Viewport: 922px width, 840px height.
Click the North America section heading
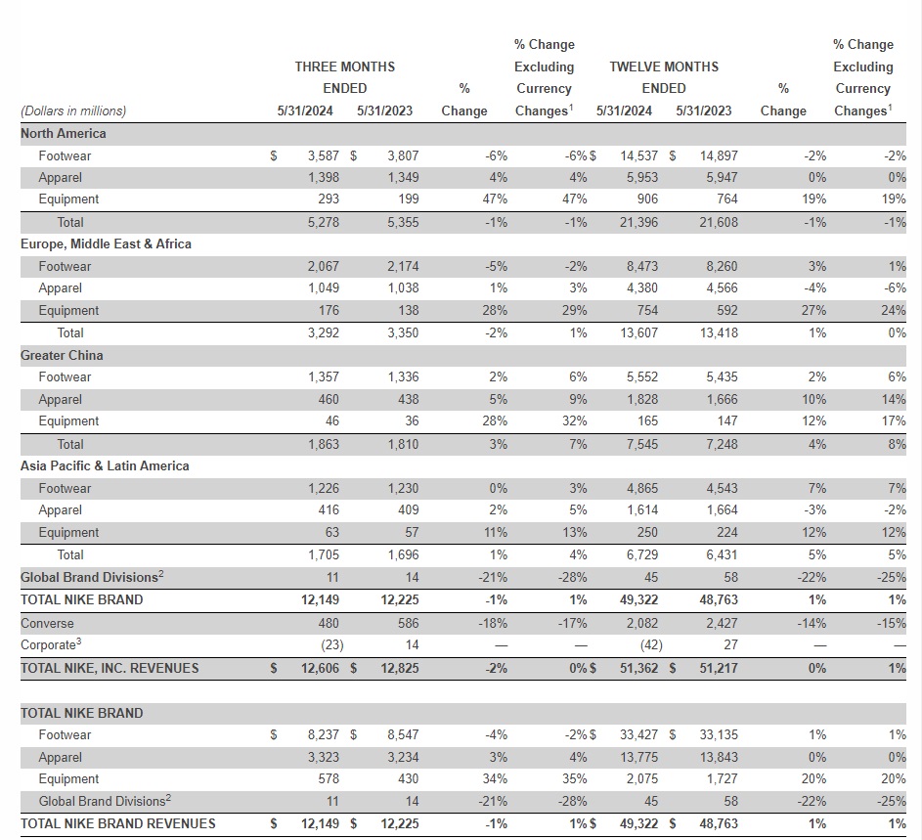[x=64, y=133]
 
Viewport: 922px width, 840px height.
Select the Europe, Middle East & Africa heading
[x=106, y=243]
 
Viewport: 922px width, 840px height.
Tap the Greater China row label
[x=62, y=355]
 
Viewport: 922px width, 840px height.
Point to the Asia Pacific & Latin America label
[x=105, y=465]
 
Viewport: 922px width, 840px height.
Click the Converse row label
[x=47, y=623]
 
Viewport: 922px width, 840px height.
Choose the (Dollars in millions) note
[x=73, y=111]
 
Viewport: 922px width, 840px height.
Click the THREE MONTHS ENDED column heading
[x=344, y=77]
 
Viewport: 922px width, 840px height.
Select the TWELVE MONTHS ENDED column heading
[x=664, y=77]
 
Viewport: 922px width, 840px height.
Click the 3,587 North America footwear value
[x=323, y=155]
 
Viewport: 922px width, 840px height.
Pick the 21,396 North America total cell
[x=637, y=222]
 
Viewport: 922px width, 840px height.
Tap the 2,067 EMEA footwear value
[x=323, y=266]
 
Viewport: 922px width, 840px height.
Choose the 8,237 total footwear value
[x=323, y=734]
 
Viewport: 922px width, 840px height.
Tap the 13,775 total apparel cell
[x=637, y=757]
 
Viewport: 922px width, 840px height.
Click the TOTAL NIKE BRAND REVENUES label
[x=118, y=823]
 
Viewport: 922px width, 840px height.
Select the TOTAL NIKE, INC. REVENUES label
[x=110, y=668]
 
